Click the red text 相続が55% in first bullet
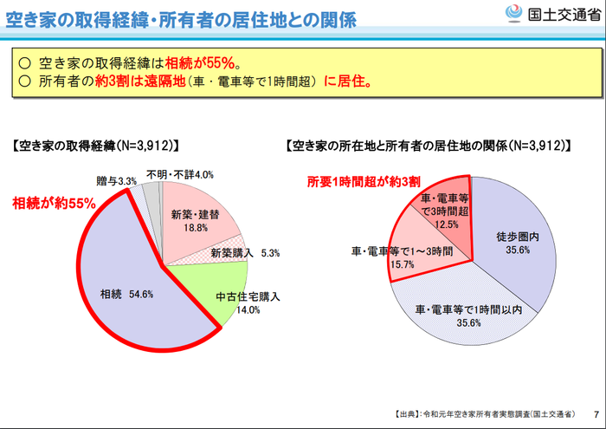click(x=202, y=63)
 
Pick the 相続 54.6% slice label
click(x=126, y=294)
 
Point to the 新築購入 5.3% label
click(x=243, y=254)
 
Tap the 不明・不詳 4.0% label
click(x=179, y=174)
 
